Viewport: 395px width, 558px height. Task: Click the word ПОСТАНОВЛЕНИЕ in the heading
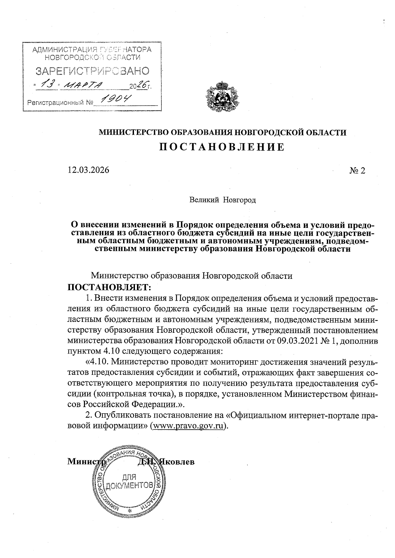[222, 147]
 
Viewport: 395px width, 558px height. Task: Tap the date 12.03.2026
[88, 170]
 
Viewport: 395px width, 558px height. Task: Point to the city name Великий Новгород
[223, 200]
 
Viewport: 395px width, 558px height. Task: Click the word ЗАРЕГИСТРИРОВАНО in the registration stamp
[92, 71]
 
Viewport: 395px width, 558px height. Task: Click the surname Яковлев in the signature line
[177, 461]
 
